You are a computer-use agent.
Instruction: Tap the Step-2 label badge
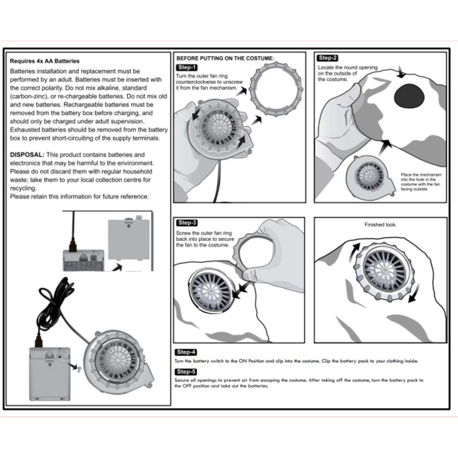(x=328, y=58)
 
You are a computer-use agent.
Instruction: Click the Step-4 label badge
(x=186, y=352)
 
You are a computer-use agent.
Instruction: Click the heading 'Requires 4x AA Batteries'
(x=45, y=61)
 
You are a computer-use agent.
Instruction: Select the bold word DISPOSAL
(x=27, y=155)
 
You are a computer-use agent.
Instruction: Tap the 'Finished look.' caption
(x=380, y=225)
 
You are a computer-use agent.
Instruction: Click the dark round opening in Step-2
(x=412, y=96)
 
